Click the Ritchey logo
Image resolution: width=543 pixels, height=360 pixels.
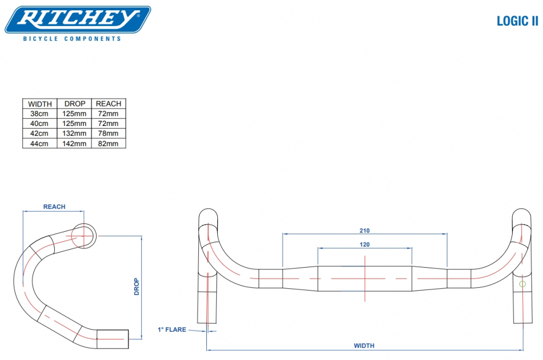tap(78, 19)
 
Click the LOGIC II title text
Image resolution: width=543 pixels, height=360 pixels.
tap(517, 21)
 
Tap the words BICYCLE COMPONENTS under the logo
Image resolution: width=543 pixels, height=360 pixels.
tap(72, 39)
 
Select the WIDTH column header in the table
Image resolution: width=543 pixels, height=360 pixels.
tap(40, 104)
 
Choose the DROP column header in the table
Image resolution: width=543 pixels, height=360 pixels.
tap(75, 104)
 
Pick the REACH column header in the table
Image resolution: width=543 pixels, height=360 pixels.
tap(108, 104)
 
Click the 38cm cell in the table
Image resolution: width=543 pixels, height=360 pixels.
tap(40, 113)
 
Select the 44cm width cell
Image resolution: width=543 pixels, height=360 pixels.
tap(40, 143)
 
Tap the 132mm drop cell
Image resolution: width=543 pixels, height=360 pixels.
tap(75, 134)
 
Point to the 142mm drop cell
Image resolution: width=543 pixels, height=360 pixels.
tap(75, 143)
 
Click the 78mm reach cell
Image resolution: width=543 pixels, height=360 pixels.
tap(108, 134)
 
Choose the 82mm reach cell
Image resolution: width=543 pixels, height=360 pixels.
tap(108, 143)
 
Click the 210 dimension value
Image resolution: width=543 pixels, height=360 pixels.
tap(364, 230)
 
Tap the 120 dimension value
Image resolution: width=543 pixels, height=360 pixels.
tap(364, 244)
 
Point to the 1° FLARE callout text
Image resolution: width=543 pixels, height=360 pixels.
tap(172, 330)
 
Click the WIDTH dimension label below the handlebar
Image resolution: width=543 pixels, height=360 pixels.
tap(364, 345)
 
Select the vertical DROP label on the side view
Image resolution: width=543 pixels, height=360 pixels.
tap(137, 286)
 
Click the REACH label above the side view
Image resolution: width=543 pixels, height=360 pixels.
tap(54, 207)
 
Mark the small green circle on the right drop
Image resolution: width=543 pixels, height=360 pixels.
tap(522, 284)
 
